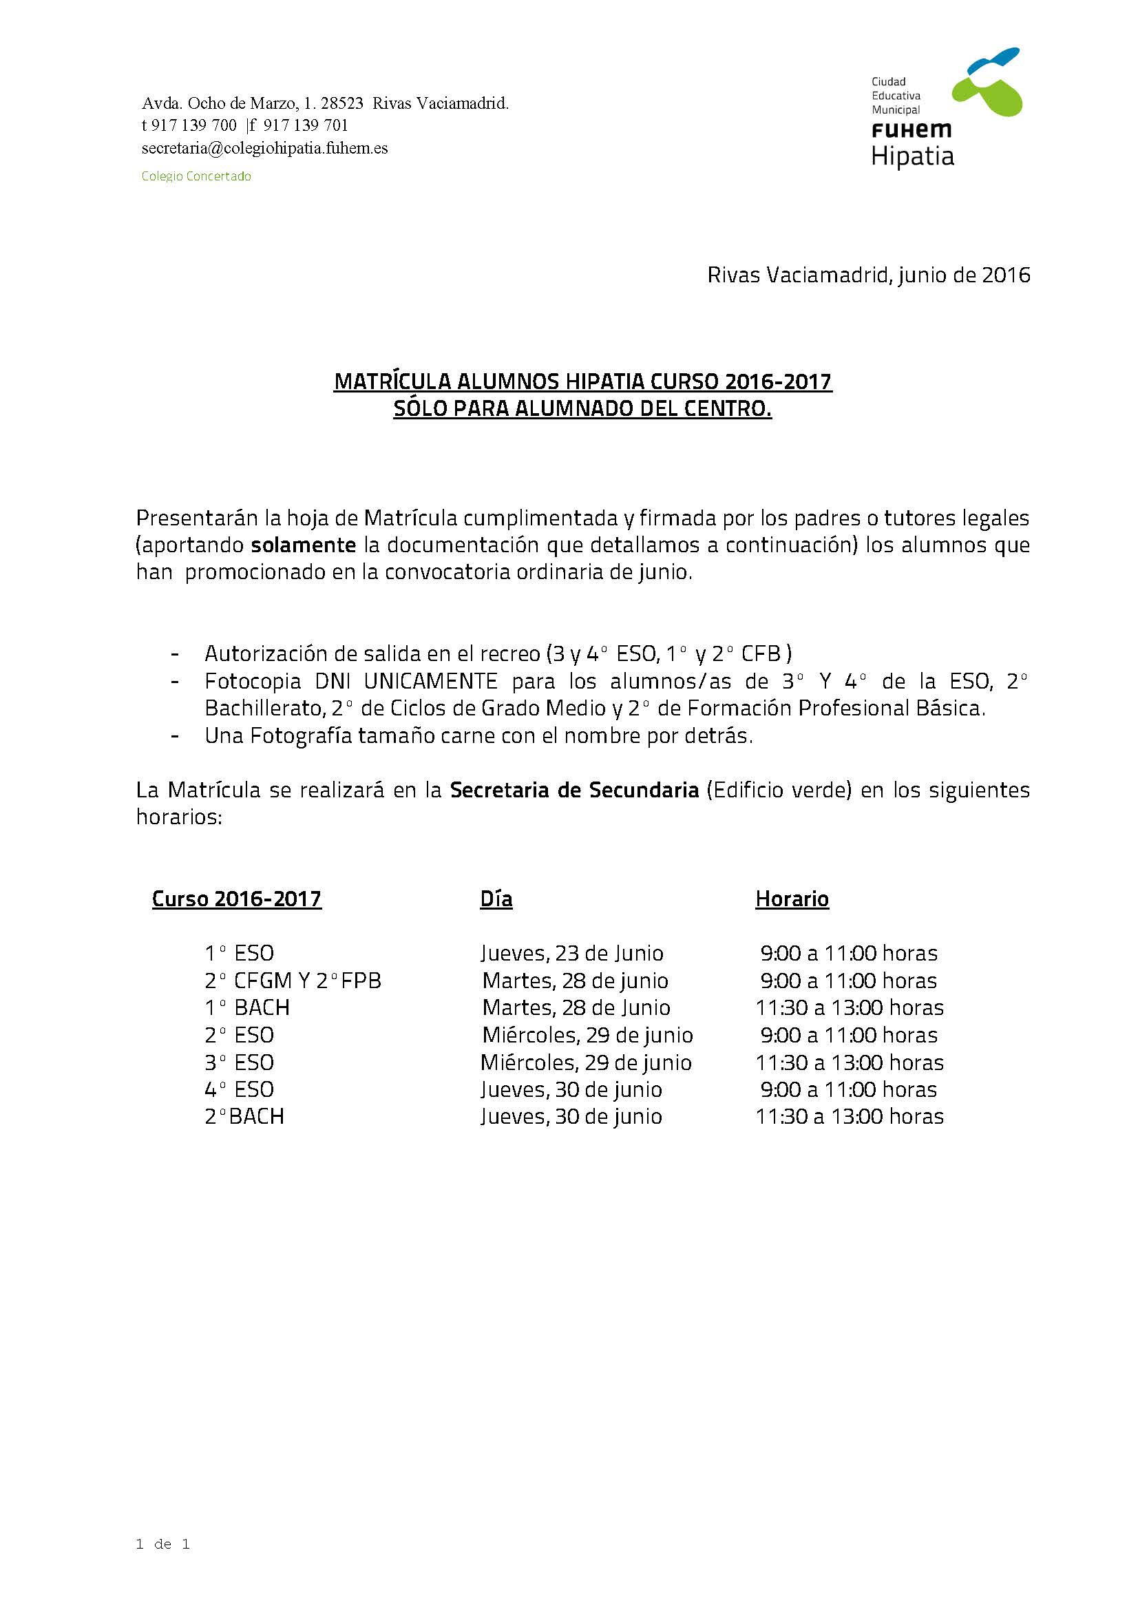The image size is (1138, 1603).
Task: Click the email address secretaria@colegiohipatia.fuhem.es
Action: [264, 148]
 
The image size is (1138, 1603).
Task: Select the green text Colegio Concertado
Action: [196, 176]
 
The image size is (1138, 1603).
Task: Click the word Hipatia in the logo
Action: [912, 156]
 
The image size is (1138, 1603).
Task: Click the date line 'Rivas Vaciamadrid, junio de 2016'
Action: [868, 275]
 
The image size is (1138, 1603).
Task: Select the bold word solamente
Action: [303, 545]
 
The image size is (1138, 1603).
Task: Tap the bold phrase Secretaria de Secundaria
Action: [574, 790]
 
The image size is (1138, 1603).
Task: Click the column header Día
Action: [496, 899]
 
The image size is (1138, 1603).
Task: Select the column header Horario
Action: [792, 899]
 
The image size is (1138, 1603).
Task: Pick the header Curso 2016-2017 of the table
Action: [237, 899]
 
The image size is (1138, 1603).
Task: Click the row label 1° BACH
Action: [246, 1007]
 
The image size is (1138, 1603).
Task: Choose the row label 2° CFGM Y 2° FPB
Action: [293, 980]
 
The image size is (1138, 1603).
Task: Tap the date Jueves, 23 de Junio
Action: [572, 953]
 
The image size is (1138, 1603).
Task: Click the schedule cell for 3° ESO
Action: [850, 1062]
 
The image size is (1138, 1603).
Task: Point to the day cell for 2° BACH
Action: [571, 1116]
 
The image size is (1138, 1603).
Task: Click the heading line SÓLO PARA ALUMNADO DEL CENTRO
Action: [582, 408]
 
